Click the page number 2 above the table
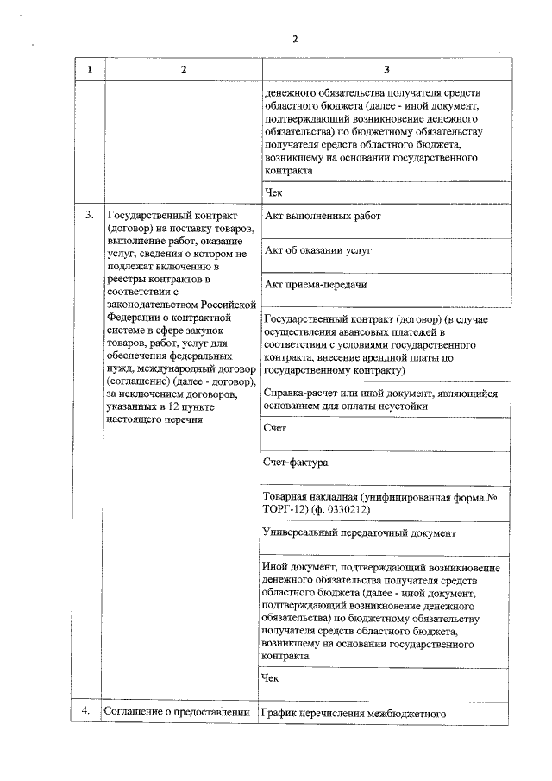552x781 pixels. click(295, 39)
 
